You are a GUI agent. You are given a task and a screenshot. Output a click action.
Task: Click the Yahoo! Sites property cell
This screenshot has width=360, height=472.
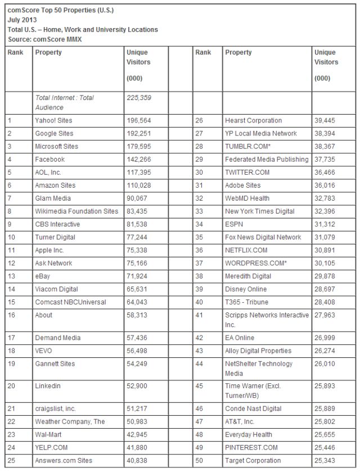(53, 120)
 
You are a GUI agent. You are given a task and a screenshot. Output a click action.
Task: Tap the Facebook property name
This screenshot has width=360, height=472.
(51, 159)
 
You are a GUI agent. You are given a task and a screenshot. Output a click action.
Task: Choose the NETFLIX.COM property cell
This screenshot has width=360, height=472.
(246, 249)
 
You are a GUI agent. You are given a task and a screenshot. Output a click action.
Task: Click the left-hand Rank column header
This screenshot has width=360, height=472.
(16, 52)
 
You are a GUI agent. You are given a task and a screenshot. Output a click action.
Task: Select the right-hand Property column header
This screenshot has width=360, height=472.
(238, 52)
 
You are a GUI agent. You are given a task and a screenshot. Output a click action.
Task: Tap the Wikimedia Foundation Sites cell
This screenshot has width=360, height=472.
(76, 211)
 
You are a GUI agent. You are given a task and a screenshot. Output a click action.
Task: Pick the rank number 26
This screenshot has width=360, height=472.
(200, 120)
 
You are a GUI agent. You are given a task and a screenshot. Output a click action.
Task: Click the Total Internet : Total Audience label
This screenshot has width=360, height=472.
(64, 102)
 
